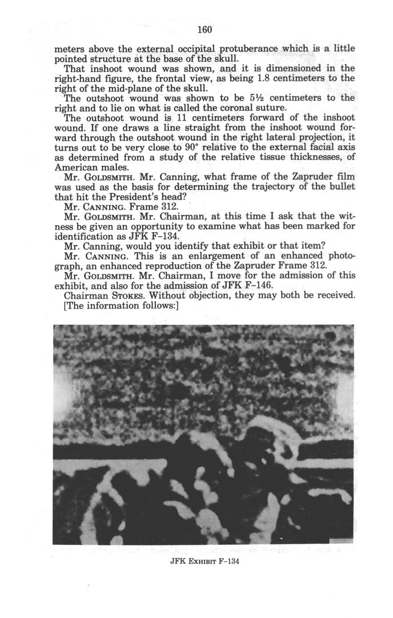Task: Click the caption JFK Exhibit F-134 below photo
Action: click(204, 561)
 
